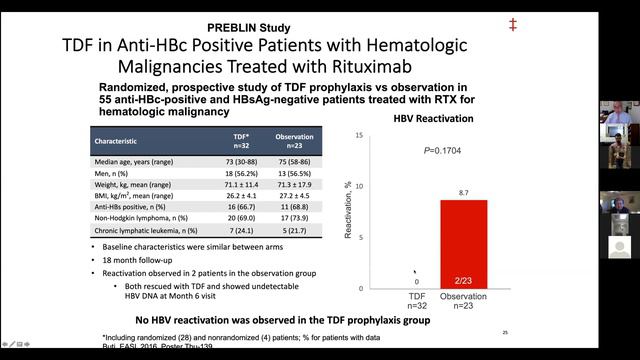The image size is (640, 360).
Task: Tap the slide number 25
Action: [x=505, y=332]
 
